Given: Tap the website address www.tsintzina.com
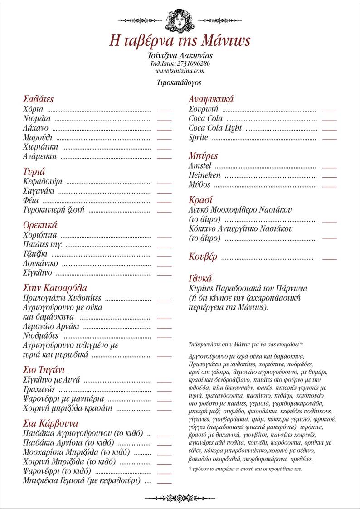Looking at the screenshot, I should (x=180, y=71).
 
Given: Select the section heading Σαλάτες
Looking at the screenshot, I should (x=38, y=99).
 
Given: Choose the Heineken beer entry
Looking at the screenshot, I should (x=204, y=175).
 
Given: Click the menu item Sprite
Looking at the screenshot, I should (x=198, y=137).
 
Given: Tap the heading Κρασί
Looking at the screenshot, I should (x=200, y=200).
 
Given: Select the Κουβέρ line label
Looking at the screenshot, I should (x=203, y=257).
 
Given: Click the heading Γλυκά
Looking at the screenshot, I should (x=200, y=278).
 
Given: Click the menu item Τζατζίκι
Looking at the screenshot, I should (x=35, y=253).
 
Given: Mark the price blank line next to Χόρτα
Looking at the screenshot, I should (x=164, y=110).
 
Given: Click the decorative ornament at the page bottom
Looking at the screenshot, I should (x=180, y=498).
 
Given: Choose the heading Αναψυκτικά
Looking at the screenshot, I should (x=211, y=99).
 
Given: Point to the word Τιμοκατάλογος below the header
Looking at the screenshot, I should (x=179, y=83).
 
